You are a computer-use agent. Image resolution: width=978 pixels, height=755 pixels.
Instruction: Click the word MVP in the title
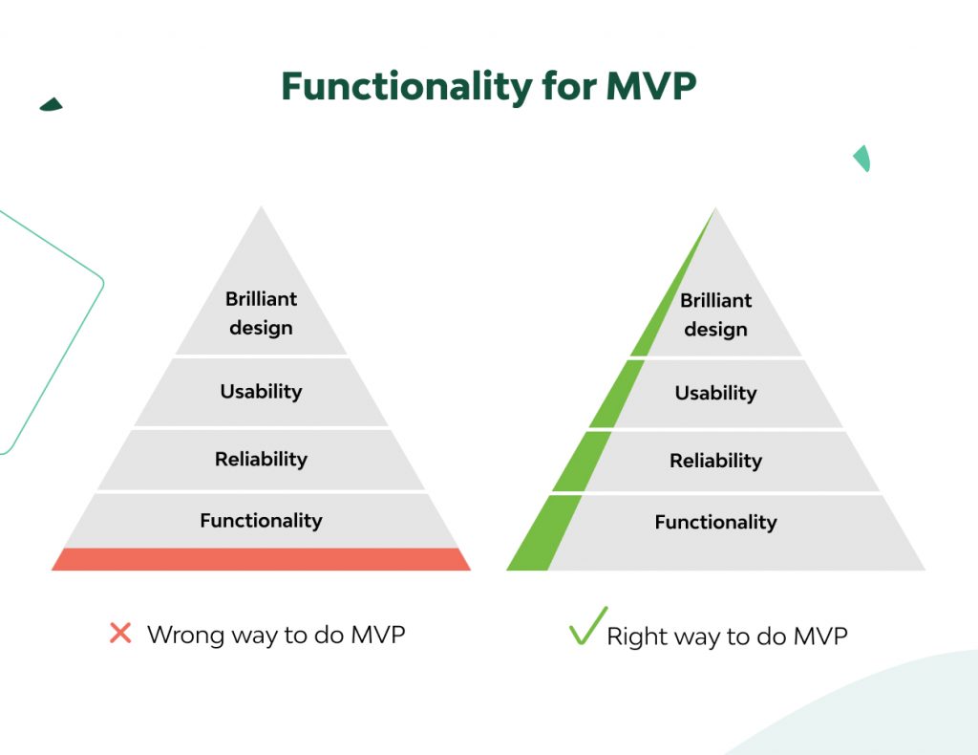[x=651, y=87]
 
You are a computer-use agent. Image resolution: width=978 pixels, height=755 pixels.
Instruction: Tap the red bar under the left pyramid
[x=261, y=559]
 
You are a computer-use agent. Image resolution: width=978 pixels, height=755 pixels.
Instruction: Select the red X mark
[x=120, y=633]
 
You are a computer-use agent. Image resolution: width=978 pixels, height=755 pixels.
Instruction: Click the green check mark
[x=586, y=627]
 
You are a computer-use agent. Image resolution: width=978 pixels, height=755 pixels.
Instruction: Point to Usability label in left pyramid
[x=261, y=391]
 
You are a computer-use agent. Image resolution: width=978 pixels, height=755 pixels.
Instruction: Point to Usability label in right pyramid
[x=715, y=393]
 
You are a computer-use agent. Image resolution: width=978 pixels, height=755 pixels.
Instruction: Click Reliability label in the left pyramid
[x=261, y=459]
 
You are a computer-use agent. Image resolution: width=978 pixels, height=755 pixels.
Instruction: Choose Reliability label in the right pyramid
[x=715, y=461]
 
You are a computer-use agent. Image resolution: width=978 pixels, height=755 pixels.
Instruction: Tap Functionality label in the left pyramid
[x=261, y=521]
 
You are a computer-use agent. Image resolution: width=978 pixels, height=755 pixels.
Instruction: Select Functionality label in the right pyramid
[x=715, y=522]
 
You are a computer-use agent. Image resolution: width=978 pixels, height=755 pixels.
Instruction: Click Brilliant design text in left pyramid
[x=261, y=313]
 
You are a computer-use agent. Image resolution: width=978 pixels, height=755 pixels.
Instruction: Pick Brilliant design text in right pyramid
[x=715, y=314]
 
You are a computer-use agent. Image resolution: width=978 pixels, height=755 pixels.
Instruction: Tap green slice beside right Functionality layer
[x=544, y=535]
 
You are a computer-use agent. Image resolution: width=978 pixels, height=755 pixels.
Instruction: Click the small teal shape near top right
[x=862, y=158]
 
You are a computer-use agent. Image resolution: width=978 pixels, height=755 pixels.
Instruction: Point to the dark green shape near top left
[x=52, y=104]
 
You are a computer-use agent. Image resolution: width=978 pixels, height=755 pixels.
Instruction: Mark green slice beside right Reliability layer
[x=581, y=463]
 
